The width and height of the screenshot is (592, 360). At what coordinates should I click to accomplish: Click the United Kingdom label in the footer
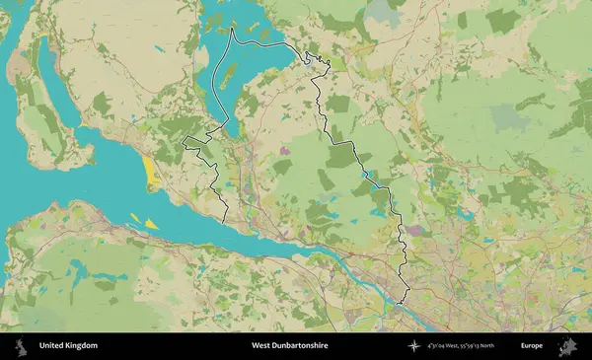point(68,346)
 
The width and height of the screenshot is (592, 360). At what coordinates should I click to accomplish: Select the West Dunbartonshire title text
point(289,346)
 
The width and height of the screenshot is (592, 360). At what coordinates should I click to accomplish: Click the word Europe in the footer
point(532,346)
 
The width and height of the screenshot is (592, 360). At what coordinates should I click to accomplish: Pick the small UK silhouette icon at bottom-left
point(19,346)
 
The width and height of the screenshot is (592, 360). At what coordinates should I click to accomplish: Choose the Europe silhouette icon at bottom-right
point(567,346)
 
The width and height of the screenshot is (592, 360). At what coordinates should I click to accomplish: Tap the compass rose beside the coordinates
point(416,346)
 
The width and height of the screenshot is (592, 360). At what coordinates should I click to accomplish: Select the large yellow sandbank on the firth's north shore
point(150,174)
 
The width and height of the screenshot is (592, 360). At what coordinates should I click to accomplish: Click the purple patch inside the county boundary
point(286,151)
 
